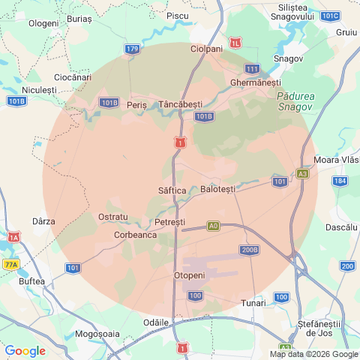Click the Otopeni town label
195,276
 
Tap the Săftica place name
172,191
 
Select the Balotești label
218,189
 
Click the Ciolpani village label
207,49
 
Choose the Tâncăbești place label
181,103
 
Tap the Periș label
136,105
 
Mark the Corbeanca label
135,235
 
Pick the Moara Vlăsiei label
337,160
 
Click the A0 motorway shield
214,225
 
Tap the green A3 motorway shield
302,173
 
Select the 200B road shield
250,250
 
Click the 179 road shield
132,49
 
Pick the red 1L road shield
237,43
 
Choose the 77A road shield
10,265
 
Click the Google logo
25,350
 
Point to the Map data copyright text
313,354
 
